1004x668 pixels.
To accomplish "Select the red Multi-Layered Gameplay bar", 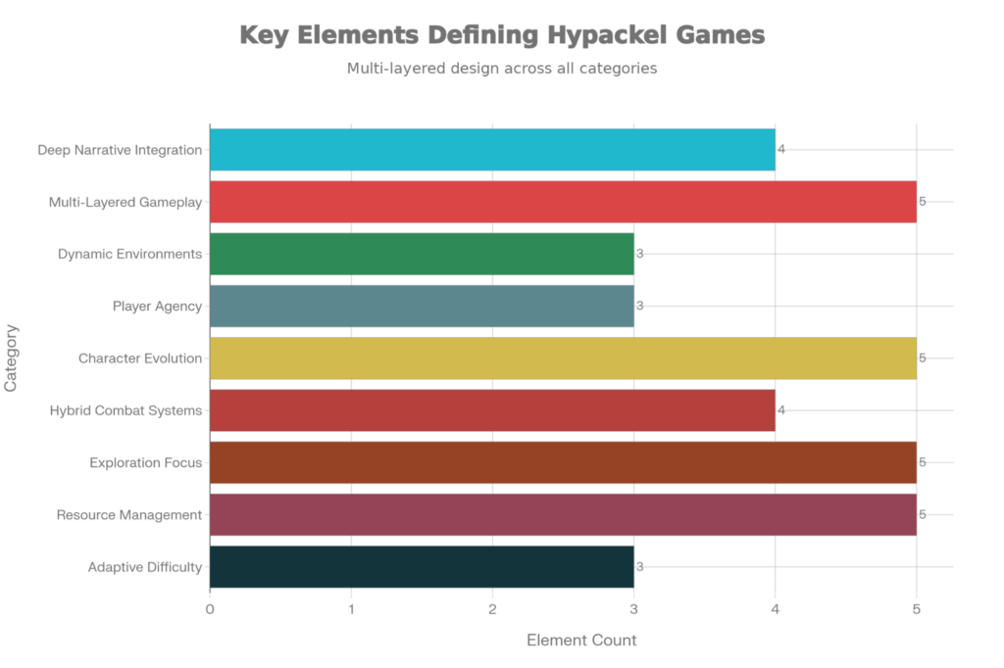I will point(563,202).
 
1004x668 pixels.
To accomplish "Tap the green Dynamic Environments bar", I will point(422,254).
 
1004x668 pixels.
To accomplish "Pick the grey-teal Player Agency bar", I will point(422,306).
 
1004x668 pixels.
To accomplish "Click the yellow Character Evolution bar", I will point(563,358).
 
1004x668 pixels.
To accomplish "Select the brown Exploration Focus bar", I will point(563,462).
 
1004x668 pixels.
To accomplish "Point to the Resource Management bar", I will point(563,514).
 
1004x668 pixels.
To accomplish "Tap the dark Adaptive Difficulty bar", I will point(422,566).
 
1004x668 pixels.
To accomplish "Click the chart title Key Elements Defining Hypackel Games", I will point(501,36).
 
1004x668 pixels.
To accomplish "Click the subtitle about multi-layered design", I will point(501,70).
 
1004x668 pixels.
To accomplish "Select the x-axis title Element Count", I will point(582,641).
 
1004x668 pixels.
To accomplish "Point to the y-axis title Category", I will point(12,358).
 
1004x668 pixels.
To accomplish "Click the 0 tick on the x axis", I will point(210,609).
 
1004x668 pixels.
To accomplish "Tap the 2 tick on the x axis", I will point(492,609).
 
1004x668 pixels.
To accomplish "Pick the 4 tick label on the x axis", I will point(776,609).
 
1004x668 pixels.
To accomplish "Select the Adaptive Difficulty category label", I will point(145,566).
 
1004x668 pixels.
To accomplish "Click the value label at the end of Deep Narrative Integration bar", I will point(781,150).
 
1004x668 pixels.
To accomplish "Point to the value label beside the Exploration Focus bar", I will point(923,462).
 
